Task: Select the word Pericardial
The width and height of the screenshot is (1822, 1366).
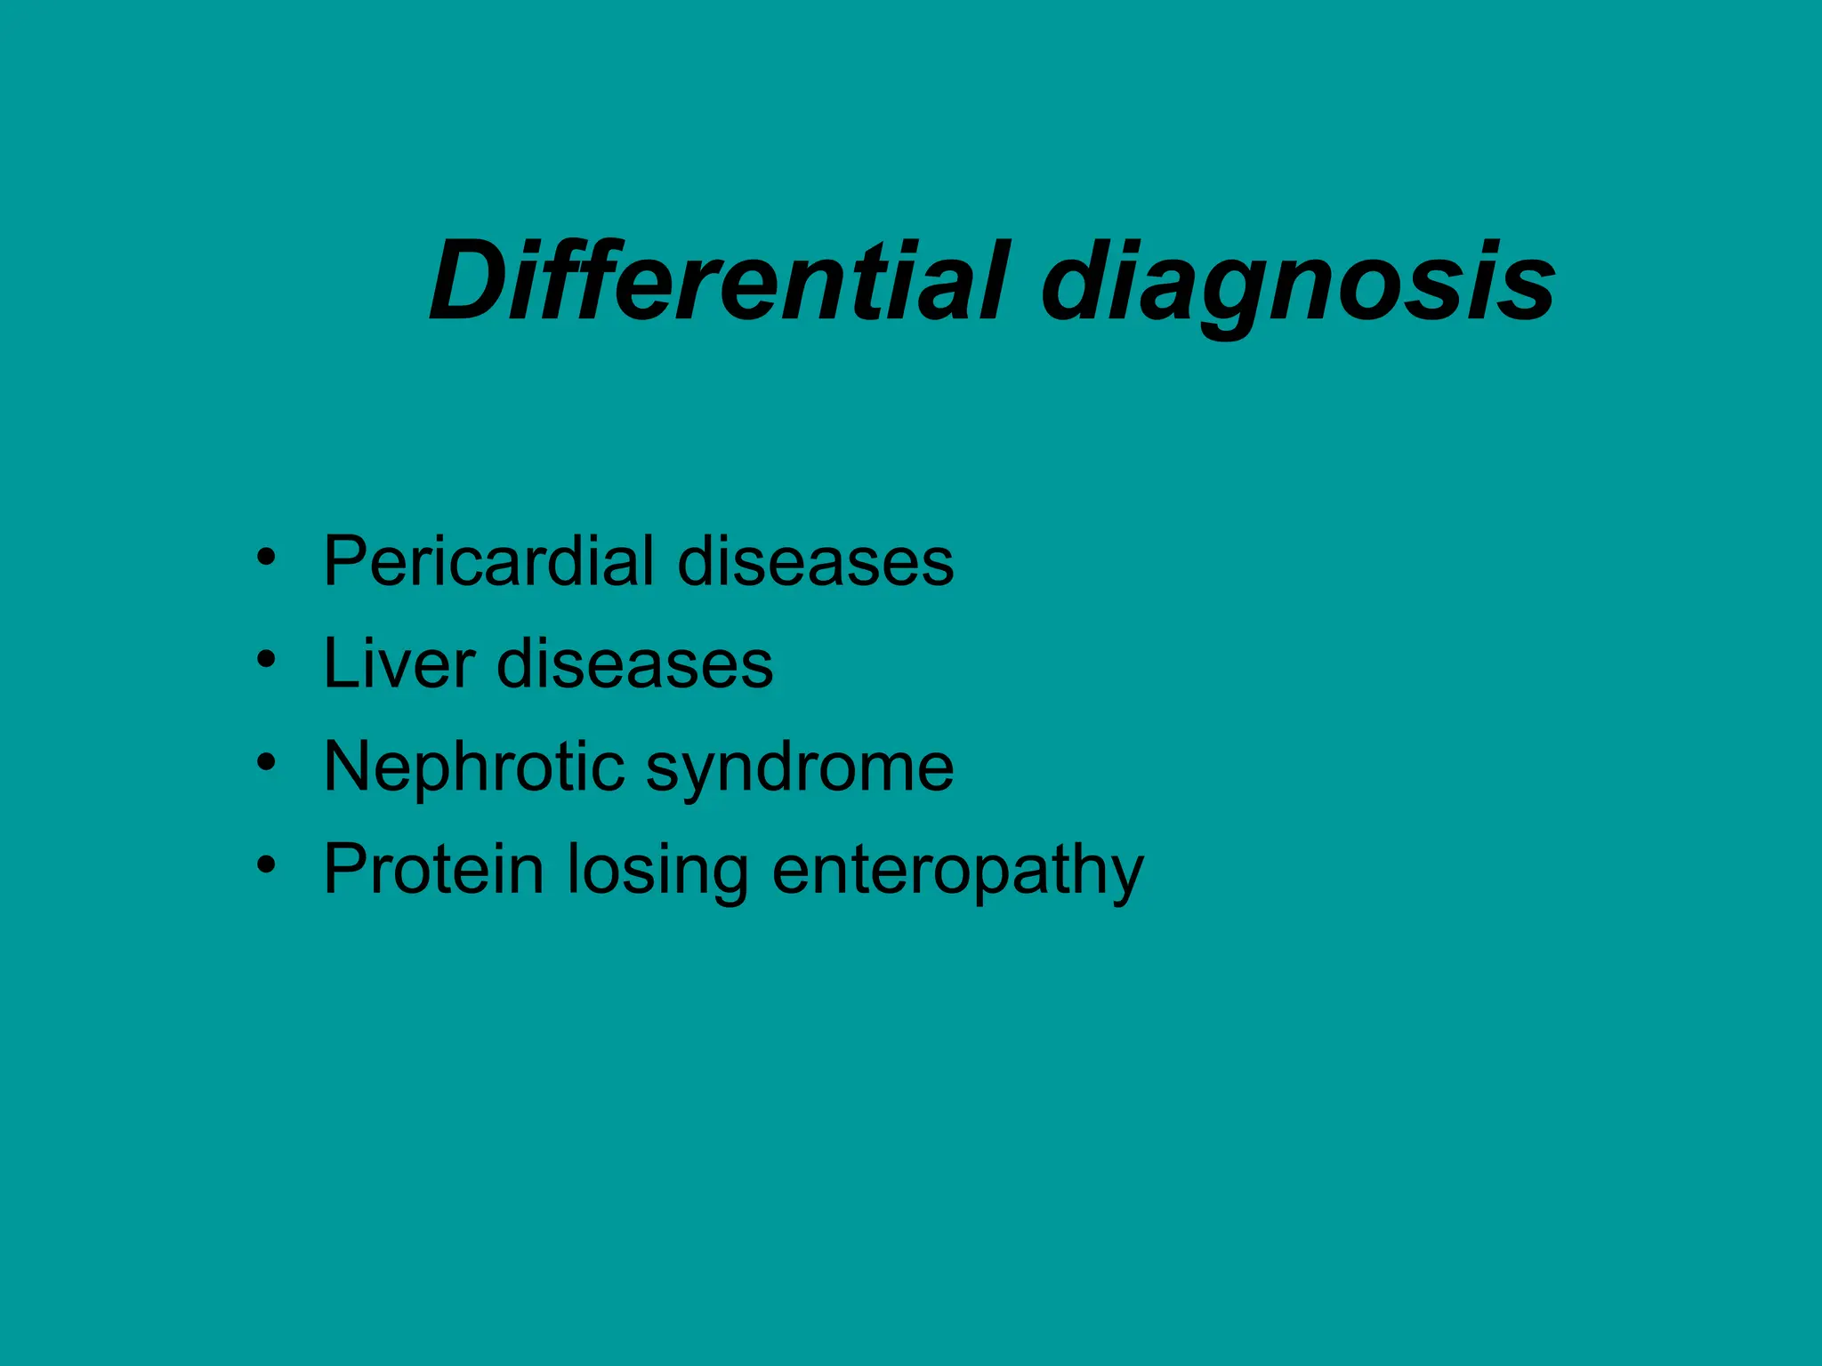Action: click(x=488, y=562)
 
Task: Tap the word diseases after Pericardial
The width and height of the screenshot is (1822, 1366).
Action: click(x=815, y=562)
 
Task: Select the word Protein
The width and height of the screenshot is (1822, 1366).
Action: click(x=433, y=869)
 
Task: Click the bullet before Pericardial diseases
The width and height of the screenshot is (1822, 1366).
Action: click(x=265, y=558)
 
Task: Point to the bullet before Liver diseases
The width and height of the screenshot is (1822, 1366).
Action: click(x=265, y=661)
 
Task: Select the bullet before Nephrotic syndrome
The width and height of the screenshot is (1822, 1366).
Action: click(x=265, y=763)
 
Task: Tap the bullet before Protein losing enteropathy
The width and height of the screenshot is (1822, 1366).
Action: click(x=265, y=865)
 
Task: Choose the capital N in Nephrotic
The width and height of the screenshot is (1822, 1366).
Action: click(x=348, y=767)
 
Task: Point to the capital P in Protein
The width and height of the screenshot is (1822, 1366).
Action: click(x=346, y=869)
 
